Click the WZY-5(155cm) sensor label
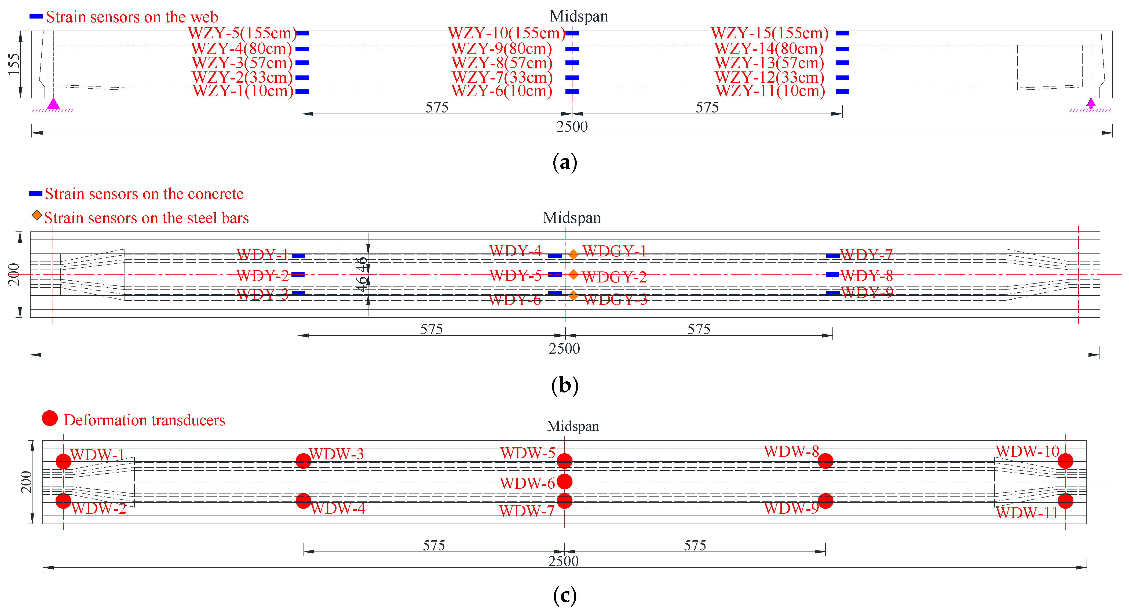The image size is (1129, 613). point(242,33)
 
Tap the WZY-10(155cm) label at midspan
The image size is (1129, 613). point(506,33)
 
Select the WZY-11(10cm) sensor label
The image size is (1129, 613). point(770,91)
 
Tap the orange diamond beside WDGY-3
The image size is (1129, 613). point(573,296)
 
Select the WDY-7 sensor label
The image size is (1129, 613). point(867,255)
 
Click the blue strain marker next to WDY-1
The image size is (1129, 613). point(298,256)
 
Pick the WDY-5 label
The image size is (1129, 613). point(516,276)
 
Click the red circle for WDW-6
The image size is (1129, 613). point(565,481)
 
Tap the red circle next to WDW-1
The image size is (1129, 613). point(64,461)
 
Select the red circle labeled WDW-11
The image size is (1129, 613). point(1065,501)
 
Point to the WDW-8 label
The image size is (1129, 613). point(791,451)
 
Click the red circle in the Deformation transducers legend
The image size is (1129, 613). point(50,418)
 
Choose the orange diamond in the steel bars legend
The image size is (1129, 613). point(37,215)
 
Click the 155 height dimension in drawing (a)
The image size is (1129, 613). point(14,64)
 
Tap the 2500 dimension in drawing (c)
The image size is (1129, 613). point(563,561)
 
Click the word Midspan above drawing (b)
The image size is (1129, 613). point(572,218)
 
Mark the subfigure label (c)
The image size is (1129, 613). point(565,596)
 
